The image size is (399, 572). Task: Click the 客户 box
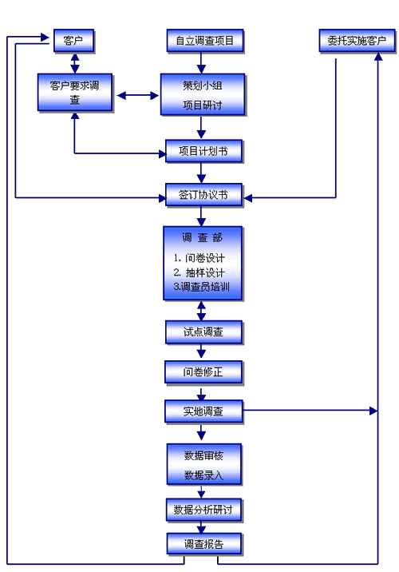click(74, 41)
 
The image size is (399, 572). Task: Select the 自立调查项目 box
click(205, 41)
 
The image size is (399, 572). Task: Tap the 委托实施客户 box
click(357, 41)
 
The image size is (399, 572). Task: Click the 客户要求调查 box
click(75, 93)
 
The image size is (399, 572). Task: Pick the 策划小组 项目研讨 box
click(203, 95)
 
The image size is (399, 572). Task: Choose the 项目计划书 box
click(203, 151)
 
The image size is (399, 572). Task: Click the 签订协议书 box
click(203, 195)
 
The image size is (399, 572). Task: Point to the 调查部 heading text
click(202, 238)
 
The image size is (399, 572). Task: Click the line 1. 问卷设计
click(199, 258)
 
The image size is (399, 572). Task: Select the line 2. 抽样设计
click(199, 272)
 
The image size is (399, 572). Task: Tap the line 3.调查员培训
click(202, 287)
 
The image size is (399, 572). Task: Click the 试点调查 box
click(203, 332)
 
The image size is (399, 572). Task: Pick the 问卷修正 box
click(203, 372)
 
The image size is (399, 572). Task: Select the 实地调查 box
click(203, 411)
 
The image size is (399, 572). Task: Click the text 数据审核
click(203, 455)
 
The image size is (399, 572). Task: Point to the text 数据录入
click(203, 475)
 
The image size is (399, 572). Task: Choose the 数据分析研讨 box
click(203, 510)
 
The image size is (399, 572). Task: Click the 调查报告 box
click(204, 544)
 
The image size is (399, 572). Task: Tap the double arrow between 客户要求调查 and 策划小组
click(138, 96)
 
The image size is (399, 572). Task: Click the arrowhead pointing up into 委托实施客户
click(378, 57)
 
